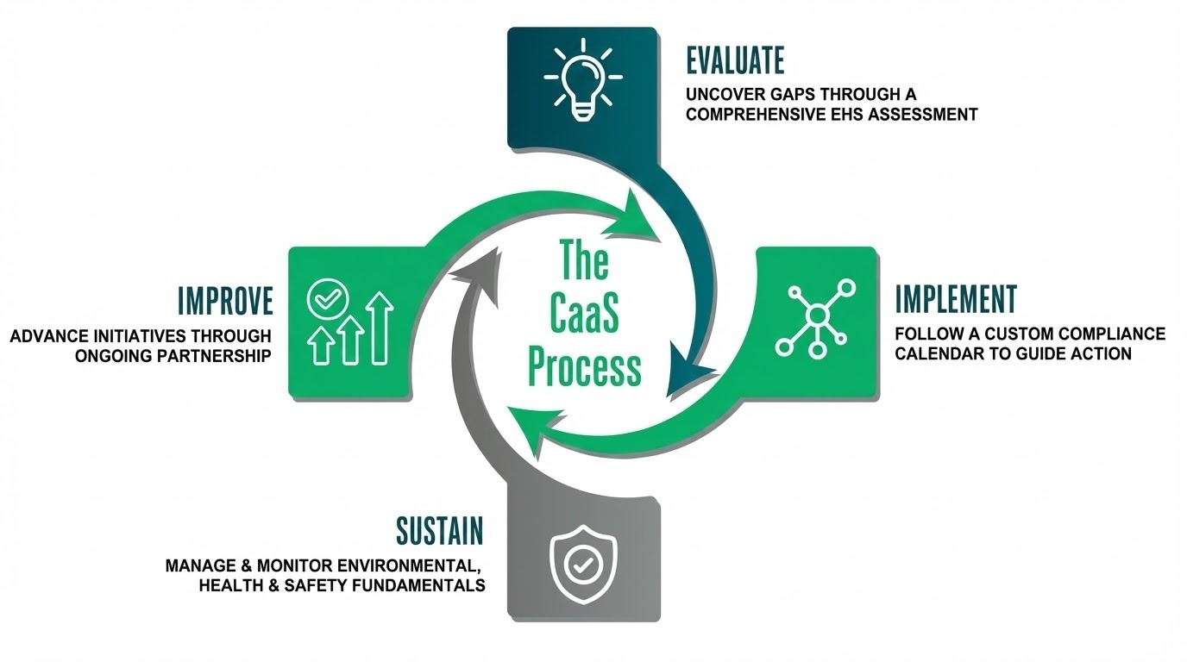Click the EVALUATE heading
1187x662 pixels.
click(x=735, y=61)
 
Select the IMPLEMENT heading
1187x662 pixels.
click(x=956, y=299)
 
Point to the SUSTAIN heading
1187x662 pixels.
click(x=439, y=531)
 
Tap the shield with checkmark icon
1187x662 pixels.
click(x=583, y=565)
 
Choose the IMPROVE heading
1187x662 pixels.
click(x=225, y=302)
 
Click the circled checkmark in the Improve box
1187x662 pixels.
click(x=323, y=299)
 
